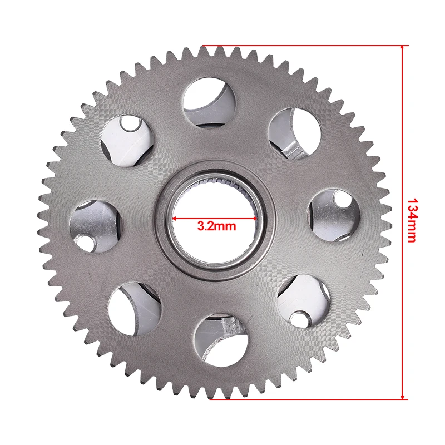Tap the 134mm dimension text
tap(412, 220)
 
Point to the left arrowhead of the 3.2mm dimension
tap(175, 219)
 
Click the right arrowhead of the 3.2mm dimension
tap(255, 219)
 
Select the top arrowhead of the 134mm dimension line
tap(402, 48)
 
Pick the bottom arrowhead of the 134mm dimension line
tap(402, 397)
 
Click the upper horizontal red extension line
tap(305, 46)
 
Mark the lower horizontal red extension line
tap(309, 400)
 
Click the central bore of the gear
tap(215, 219)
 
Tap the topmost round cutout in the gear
tap(210, 102)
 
